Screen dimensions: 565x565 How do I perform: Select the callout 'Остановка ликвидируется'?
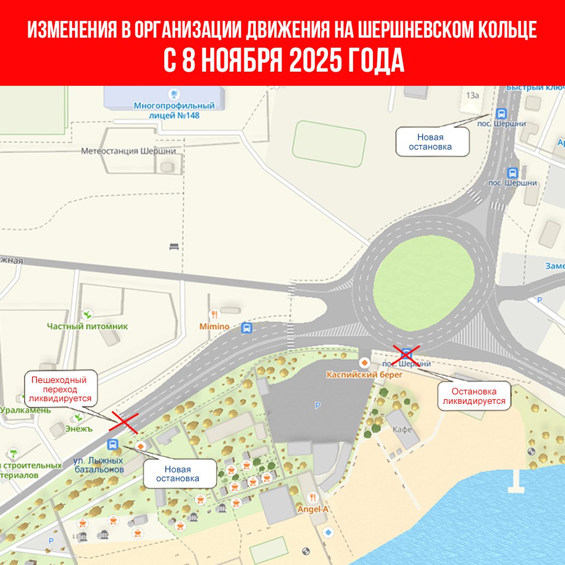(x=474, y=397)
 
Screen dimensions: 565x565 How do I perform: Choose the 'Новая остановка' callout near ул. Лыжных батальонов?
(x=180, y=474)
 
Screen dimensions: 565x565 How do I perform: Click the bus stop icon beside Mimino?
(x=246, y=328)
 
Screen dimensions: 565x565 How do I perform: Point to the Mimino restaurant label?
(x=214, y=326)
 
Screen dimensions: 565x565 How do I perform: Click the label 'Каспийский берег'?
(x=357, y=375)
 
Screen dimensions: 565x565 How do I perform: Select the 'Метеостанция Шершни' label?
(x=132, y=151)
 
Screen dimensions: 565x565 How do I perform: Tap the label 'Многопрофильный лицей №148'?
(x=166, y=110)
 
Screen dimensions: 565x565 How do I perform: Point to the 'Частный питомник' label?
(x=87, y=326)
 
